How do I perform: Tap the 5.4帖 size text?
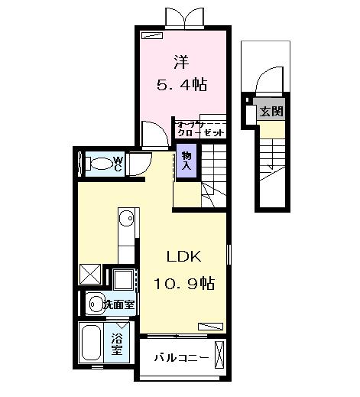tap(182, 82)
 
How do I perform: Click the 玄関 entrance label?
tap(271, 111)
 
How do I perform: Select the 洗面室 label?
tap(118, 304)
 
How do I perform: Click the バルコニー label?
tap(180, 358)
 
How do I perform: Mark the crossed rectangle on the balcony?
tap(221, 356)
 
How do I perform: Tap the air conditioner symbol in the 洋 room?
tap(153, 35)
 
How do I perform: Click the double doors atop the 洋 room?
tap(186, 18)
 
